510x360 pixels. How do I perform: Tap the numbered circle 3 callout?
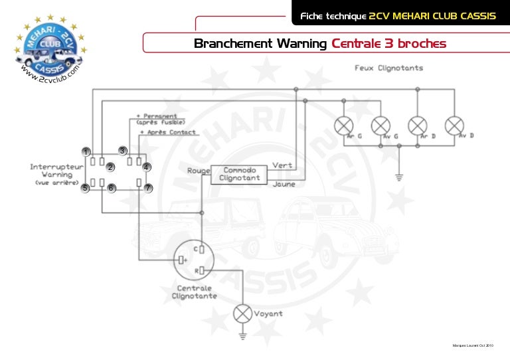[123, 150]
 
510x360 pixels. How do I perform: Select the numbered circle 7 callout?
[149, 189]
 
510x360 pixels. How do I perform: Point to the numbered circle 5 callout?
[85, 189]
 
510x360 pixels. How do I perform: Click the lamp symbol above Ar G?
[343, 125]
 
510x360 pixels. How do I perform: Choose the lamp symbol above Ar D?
[417, 125]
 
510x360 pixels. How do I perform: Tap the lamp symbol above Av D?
[454, 125]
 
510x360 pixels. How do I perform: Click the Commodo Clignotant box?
[239, 174]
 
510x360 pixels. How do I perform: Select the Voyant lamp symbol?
[242, 314]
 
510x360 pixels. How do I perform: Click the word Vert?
[282, 165]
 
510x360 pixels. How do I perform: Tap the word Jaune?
[284, 185]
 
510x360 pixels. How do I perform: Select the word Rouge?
[199, 171]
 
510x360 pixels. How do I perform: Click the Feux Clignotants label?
[389, 68]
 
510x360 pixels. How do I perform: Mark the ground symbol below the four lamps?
[399, 177]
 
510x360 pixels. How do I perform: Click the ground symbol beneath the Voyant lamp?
[242, 337]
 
